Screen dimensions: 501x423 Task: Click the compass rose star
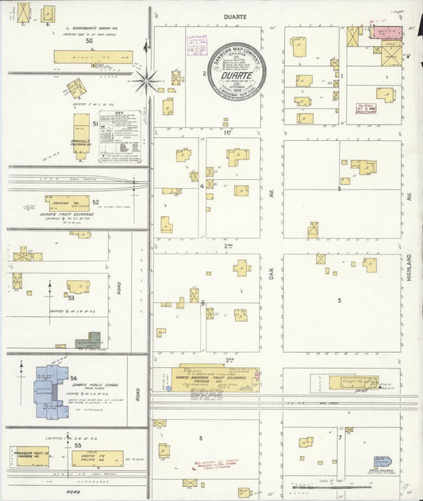coord(146,78)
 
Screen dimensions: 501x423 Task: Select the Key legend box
coord(120,137)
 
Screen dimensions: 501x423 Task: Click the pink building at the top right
coord(388,33)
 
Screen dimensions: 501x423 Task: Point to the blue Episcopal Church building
coord(383,462)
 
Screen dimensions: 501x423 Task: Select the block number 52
coord(95,201)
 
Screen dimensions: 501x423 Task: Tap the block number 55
coord(78,446)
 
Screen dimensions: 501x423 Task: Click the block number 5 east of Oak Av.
coord(339,300)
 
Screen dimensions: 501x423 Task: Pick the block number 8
coord(201,438)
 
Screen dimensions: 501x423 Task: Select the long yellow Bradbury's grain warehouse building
coord(93,57)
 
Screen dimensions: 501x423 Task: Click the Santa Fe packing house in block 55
coord(97,458)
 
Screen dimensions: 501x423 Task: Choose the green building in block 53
coord(93,341)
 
